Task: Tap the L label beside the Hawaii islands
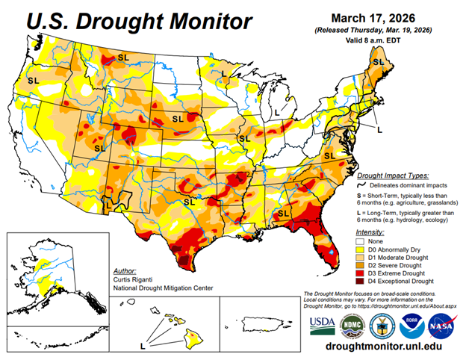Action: pyautogui.click(x=143, y=346)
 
